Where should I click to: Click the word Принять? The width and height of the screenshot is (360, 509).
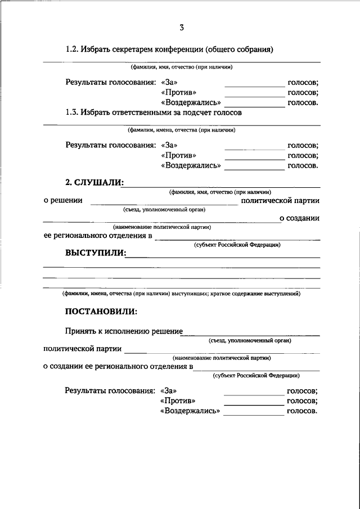tap(83, 331)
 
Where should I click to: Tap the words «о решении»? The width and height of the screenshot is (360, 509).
tap(63, 200)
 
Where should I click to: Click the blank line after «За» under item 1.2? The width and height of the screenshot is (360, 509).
tap(255, 85)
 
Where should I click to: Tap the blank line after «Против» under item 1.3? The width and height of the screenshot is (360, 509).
tap(255, 159)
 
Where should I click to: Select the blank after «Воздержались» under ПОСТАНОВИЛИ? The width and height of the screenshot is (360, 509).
tap(254, 415)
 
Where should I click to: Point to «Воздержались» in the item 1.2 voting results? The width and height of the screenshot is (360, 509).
tap(190, 103)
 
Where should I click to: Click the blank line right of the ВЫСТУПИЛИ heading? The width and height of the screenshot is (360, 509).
tap(223, 256)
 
